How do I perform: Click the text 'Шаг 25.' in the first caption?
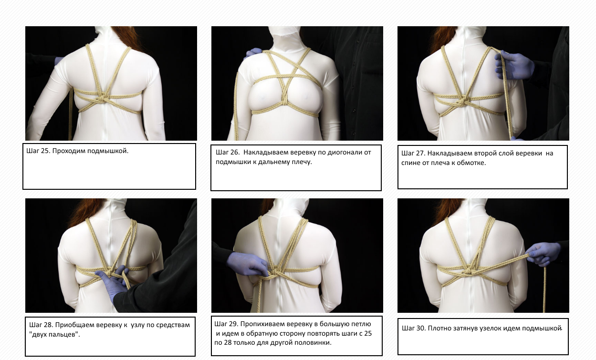[38, 151]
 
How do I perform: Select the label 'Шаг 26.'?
[228, 153]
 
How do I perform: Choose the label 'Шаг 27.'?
[413, 153]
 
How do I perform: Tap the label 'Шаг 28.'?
[41, 325]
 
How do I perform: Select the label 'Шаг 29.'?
[226, 324]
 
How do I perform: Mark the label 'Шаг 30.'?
[414, 329]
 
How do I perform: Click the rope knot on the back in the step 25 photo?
[102, 98]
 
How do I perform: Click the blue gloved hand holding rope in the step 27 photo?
[513, 65]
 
